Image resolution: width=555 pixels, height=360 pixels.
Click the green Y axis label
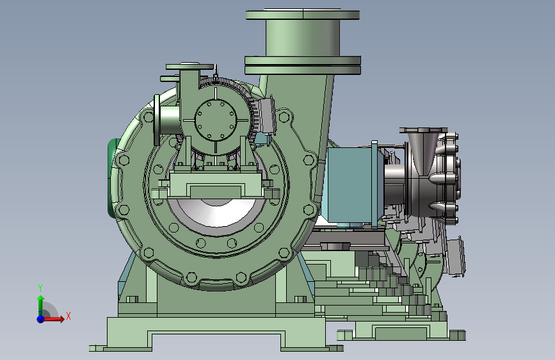pyautogui.click(x=40, y=288)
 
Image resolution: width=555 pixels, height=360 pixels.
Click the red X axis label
pyautogui.click(x=68, y=316)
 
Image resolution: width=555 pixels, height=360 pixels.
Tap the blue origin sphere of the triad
pyautogui.click(x=41, y=319)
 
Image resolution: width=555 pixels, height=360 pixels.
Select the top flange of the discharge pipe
pyautogui.click(x=303, y=15)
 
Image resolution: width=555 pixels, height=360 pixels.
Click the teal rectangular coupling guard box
pyautogui.click(x=350, y=184)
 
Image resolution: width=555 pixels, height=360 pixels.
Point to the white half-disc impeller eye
pyautogui.click(x=216, y=212)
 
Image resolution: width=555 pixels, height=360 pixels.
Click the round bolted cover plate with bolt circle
pyautogui.click(x=216, y=120)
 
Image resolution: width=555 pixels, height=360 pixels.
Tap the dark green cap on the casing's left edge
pyautogui.click(x=113, y=177)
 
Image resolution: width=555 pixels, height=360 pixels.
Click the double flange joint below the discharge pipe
pyautogui.click(x=303, y=65)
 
